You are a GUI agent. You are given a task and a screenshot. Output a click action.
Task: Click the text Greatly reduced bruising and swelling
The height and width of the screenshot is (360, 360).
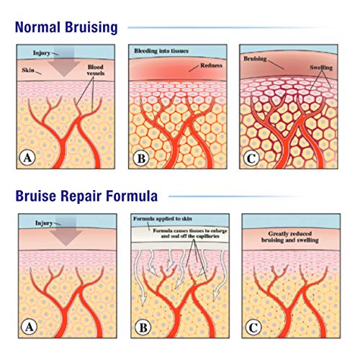click(292, 238)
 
